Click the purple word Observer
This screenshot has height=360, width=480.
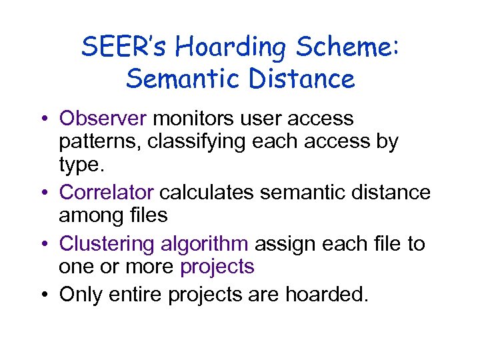[103, 119]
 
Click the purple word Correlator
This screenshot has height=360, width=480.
[107, 192]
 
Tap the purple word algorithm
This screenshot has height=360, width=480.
[205, 244]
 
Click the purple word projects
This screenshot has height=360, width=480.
[217, 267]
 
